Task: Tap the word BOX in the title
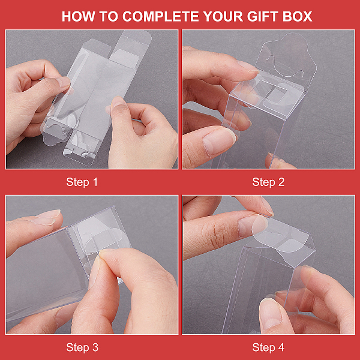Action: (298, 17)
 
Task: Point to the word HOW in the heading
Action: (78, 17)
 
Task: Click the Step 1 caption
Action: (82, 182)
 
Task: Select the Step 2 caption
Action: (268, 182)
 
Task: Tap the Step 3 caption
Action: (82, 347)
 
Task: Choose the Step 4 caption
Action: (268, 347)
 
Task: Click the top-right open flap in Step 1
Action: (135, 40)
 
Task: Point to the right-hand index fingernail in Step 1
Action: (118, 102)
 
